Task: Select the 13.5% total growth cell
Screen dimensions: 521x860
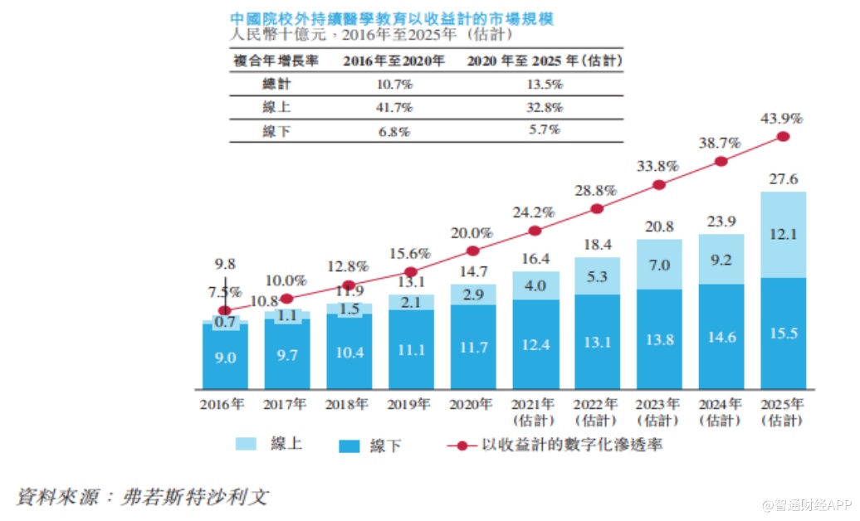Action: click(545, 85)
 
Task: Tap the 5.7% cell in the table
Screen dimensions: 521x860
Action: click(545, 130)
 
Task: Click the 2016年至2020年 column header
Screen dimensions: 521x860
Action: click(394, 61)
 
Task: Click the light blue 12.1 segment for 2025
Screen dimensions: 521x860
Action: click(783, 235)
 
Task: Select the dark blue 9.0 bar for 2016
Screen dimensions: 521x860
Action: click(226, 358)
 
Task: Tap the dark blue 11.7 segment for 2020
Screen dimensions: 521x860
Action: click(473, 348)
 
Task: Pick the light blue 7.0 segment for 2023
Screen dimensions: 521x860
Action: click(659, 265)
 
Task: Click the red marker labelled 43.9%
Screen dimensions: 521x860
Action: click(783, 137)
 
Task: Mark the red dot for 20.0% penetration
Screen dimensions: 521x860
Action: click(473, 251)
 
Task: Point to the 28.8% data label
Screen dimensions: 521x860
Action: click(595, 191)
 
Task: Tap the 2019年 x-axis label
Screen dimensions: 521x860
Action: click(409, 405)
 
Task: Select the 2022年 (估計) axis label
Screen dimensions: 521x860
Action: click(595, 412)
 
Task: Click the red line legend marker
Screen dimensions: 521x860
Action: click(462, 446)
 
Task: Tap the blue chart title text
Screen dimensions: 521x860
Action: click(392, 18)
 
